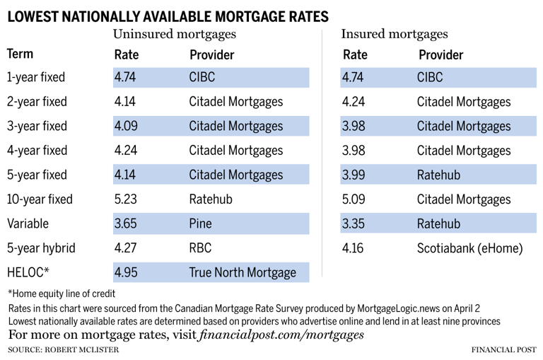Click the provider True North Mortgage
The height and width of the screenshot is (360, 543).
pos(242,272)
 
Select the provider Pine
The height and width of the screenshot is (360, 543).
pos(201,223)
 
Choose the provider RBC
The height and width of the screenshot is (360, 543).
pos(201,248)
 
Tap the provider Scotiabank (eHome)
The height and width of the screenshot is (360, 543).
pos(470,248)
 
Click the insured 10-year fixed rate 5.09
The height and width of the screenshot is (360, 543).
pos(353,199)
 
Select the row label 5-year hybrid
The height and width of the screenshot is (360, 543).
pos(41,248)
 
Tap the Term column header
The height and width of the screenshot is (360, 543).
pos(21,54)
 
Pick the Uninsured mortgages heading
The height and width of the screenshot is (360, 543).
pos(174,33)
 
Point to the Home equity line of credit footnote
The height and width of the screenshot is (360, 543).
pos(62,294)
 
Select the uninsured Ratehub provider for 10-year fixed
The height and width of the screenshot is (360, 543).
pos(211,199)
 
